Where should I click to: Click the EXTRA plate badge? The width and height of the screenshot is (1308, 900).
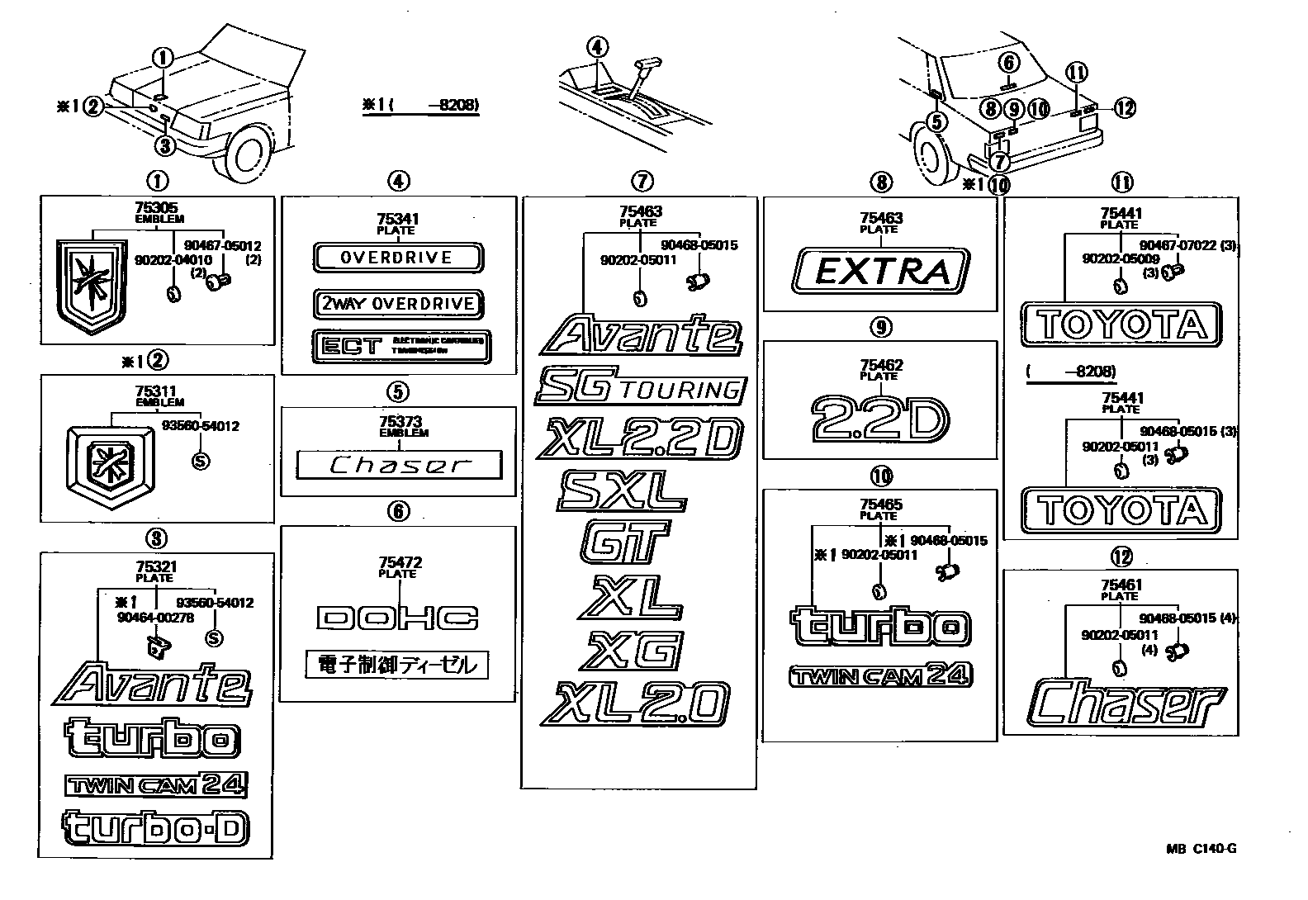[x=880, y=271]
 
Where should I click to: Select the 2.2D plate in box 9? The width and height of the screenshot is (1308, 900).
[x=880, y=419]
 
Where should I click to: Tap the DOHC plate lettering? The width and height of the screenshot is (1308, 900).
[x=398, y=618]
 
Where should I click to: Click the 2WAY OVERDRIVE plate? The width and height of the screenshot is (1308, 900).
[x=398, y=304]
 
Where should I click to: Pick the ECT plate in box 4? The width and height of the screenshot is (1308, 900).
[x=401, y=345]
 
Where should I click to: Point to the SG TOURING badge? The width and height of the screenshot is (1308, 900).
[x=640, y=388]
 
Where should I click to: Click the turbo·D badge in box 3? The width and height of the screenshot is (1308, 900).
[x=155, y=828]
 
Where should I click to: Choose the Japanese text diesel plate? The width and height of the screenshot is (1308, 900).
[x=396, y=665]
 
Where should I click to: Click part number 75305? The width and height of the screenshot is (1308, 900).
[x=156, y=210]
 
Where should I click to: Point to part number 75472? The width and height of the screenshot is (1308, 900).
[x=398, y=563]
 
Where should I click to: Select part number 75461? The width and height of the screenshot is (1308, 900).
[x=1121, y=585]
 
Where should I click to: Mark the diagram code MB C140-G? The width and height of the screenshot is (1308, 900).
[x=1201, y=849]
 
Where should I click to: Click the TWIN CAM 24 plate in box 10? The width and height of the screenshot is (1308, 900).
[x=880, y=676]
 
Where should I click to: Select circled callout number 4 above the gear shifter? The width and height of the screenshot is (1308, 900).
[x=597, y=47]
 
